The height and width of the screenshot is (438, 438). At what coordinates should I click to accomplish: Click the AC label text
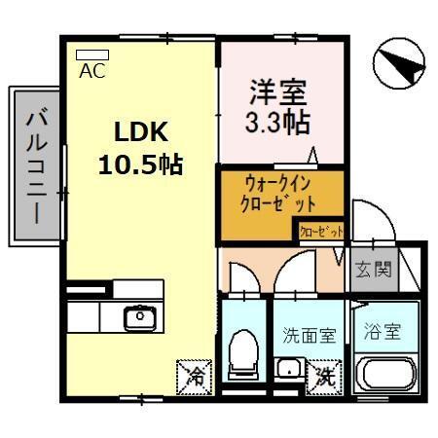pos(93,71)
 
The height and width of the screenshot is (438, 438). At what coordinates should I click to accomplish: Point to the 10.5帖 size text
pos(140,164)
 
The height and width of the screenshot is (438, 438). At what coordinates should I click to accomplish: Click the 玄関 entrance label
pos(374,268)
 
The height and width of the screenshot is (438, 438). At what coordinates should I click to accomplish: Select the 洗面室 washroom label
pos(309,336)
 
